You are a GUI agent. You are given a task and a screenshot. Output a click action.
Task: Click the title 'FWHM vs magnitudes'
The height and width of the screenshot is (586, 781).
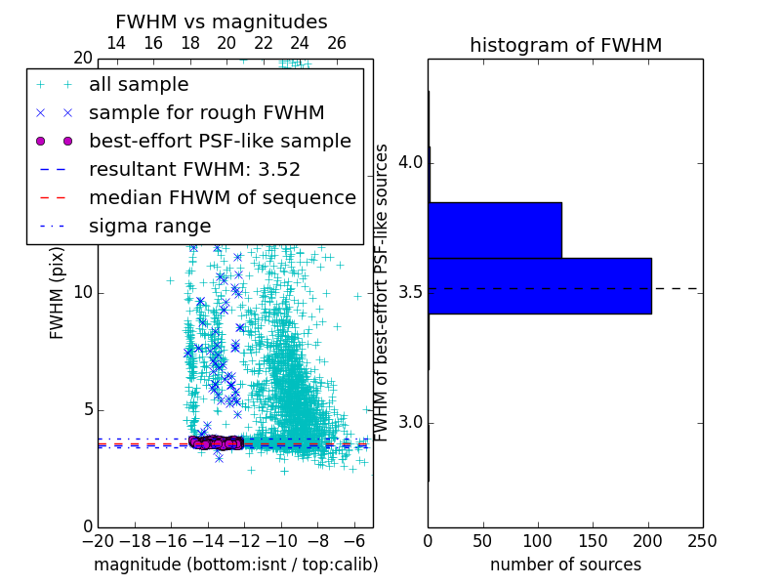pyautogui.click(x=222, y=21)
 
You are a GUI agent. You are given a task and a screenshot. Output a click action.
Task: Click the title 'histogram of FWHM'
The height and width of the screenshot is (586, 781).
pyautogui.click(x=565, y=45)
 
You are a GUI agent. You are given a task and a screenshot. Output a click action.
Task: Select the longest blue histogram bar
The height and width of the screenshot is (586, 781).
pyautogui.click(x=539, y=285)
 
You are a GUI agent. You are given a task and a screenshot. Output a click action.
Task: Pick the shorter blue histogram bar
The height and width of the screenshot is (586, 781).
pyautogui.click(x=494, y=230)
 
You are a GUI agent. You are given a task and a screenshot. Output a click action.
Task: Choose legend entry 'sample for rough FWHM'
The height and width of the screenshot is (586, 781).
pyautogui.click(x=206, y=112)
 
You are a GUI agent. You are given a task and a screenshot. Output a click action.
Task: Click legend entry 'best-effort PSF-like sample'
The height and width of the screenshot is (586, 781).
pyautogui.click(x=220, y=141)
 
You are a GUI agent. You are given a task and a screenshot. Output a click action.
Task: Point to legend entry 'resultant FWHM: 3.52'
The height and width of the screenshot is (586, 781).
pyautogui.click(x=194, y=169)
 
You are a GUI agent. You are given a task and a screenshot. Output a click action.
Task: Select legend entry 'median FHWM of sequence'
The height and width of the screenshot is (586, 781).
pyautogui.click(x=222, y=197)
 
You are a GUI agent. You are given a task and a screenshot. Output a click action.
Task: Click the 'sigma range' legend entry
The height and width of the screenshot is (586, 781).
pyautogui.click(x=149, y=226)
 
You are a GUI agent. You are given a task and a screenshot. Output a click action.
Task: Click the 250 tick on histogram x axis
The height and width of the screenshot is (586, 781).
pyautogui.click(x=702, y=540)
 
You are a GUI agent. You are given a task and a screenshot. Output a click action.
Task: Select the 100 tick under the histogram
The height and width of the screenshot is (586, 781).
pyautogui.click(x=538, y=540)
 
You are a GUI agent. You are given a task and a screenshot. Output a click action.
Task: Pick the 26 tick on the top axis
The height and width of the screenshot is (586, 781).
pyautogui.click(x=337, y=43)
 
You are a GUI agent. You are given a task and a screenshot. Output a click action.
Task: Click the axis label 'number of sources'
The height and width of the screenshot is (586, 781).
pyautogui.click(x=565, y=565)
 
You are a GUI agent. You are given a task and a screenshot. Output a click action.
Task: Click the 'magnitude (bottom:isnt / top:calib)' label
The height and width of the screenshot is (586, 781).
pyautogui.click(x=235, y=565)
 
